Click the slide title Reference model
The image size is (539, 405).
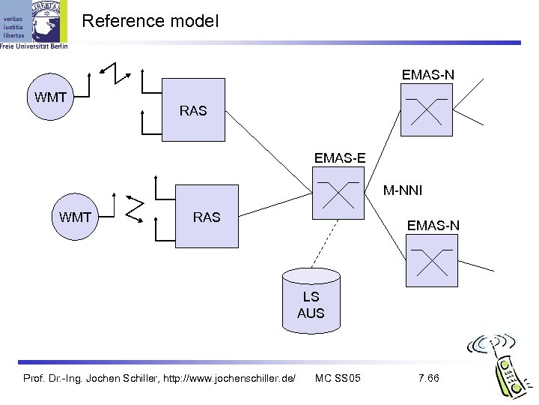click(x=150, y=21)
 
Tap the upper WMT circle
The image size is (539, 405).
click(x=49, y=97)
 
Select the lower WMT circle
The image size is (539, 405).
click(x=75, y=217)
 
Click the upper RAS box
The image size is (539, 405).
click(x=193, y=110)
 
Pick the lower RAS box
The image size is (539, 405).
click(x=206, y=217)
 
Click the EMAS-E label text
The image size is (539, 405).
click(x=340, y=158)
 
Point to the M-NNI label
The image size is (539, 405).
click(x=403, y=191)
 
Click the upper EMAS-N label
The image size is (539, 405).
click(x=427, y=75)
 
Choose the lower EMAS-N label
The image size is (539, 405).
click(x=433, y=225)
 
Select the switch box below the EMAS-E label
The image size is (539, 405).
click(x=336, y=196)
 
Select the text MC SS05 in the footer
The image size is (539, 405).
click(x=338, y=376)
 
